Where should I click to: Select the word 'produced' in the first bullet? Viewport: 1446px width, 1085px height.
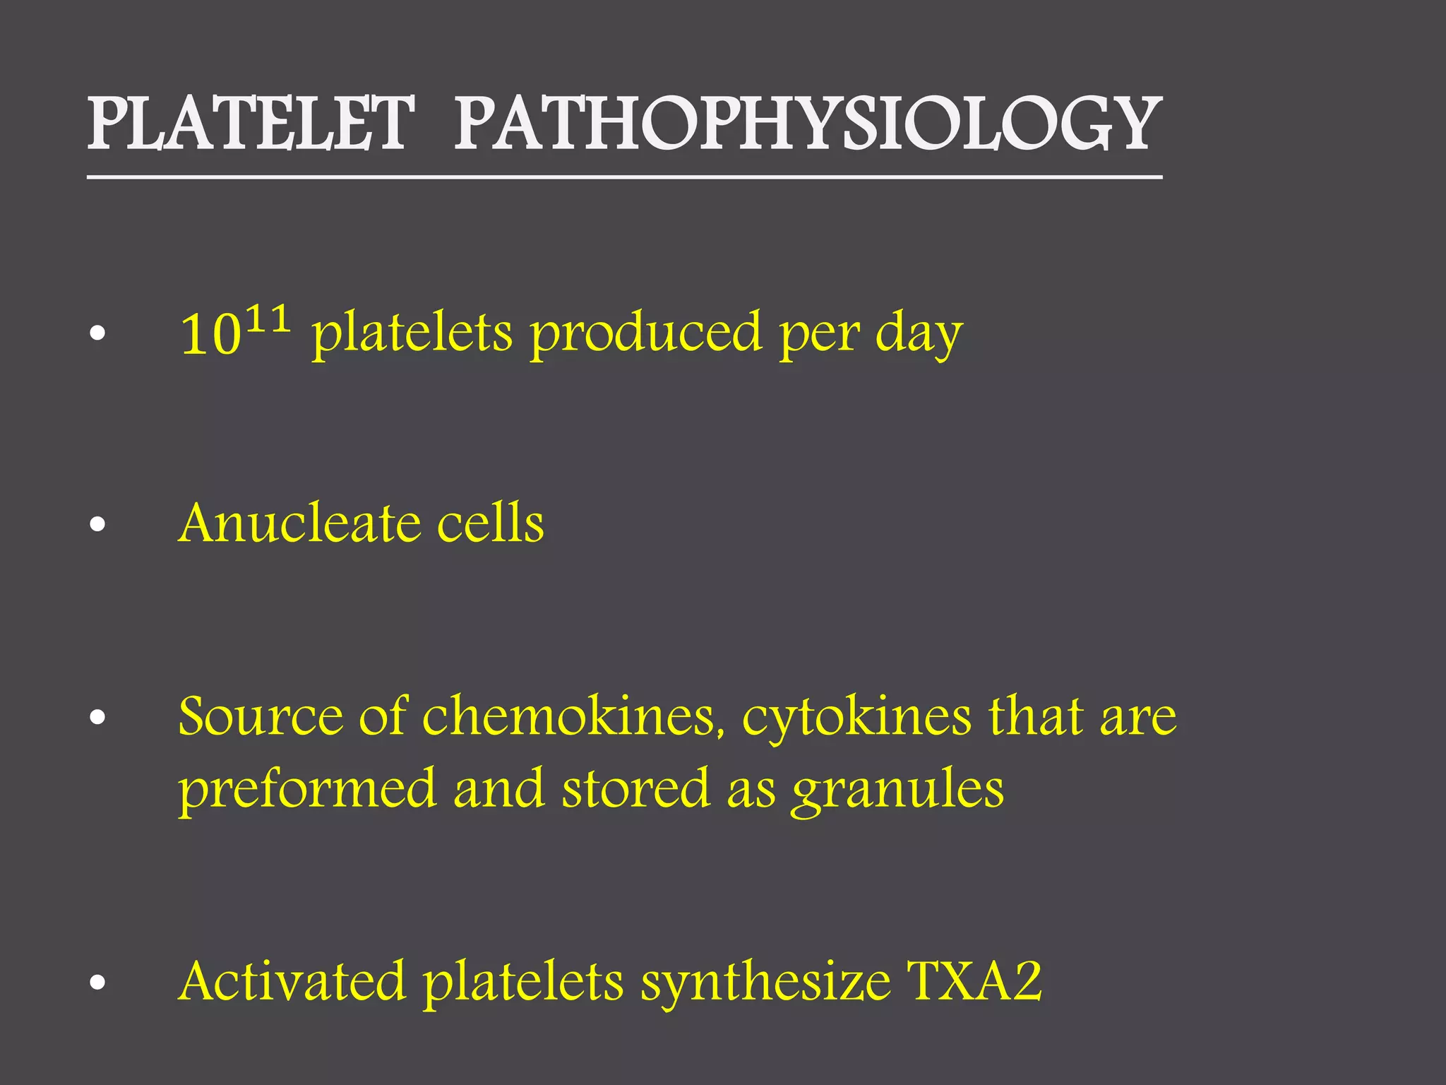point(646,333)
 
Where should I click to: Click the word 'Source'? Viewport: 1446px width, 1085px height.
point(259,717)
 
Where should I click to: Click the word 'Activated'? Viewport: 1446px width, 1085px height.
point(292,982)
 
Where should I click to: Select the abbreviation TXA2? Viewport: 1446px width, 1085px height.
point(974,982)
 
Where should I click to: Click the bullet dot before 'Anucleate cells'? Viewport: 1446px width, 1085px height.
point(98,525)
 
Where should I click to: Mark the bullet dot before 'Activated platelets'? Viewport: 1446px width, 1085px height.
point(98,983)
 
